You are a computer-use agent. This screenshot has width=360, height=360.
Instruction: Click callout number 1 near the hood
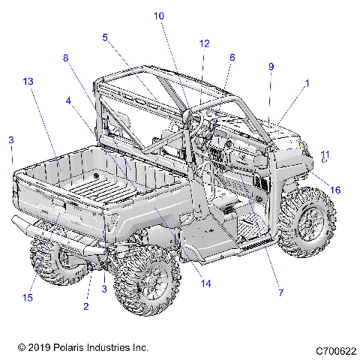[306, 84]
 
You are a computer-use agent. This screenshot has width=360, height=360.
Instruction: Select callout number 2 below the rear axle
[86, 307]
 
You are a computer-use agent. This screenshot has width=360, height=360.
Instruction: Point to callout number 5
[105, 36]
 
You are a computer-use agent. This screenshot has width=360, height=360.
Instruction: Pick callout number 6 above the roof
[232, 57]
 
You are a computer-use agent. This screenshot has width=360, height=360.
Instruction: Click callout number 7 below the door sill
[280, 292]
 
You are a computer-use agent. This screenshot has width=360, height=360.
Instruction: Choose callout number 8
[65, 57]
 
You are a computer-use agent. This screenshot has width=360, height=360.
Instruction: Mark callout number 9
[271, 66]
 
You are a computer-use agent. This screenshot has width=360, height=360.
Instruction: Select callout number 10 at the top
[158, 15]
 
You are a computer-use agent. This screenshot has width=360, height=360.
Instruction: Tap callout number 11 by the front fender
[325, 154]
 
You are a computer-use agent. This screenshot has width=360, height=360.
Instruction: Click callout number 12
[204, 43]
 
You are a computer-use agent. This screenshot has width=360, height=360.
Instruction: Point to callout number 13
[28, 81]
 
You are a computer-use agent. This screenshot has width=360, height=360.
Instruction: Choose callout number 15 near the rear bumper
[28, 298]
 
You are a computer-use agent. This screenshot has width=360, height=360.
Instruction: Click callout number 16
[335, 190]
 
